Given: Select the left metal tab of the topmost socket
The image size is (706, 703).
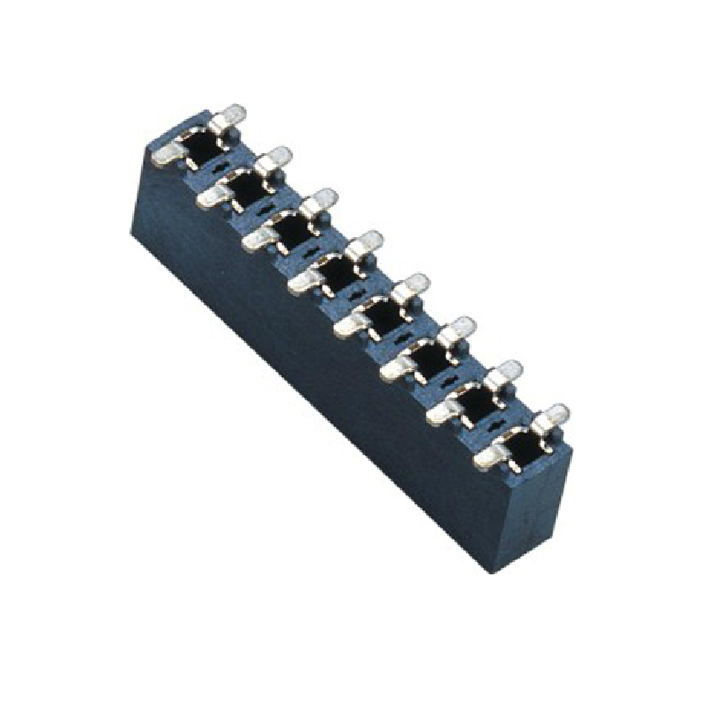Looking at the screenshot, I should click(166, 157).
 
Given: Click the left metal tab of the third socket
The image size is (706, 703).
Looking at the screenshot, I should click(257, 240).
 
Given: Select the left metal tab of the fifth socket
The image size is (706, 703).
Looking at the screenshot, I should click(350, 326).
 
